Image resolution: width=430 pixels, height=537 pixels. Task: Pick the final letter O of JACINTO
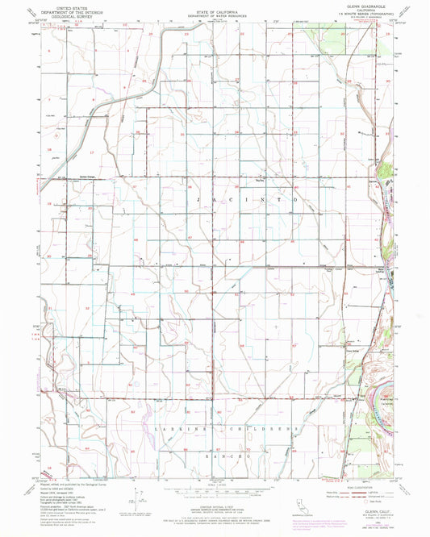pyautogui.click(x=295, y=198)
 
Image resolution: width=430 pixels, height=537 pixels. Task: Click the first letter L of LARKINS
pyautogui.click(x=155, y=427)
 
